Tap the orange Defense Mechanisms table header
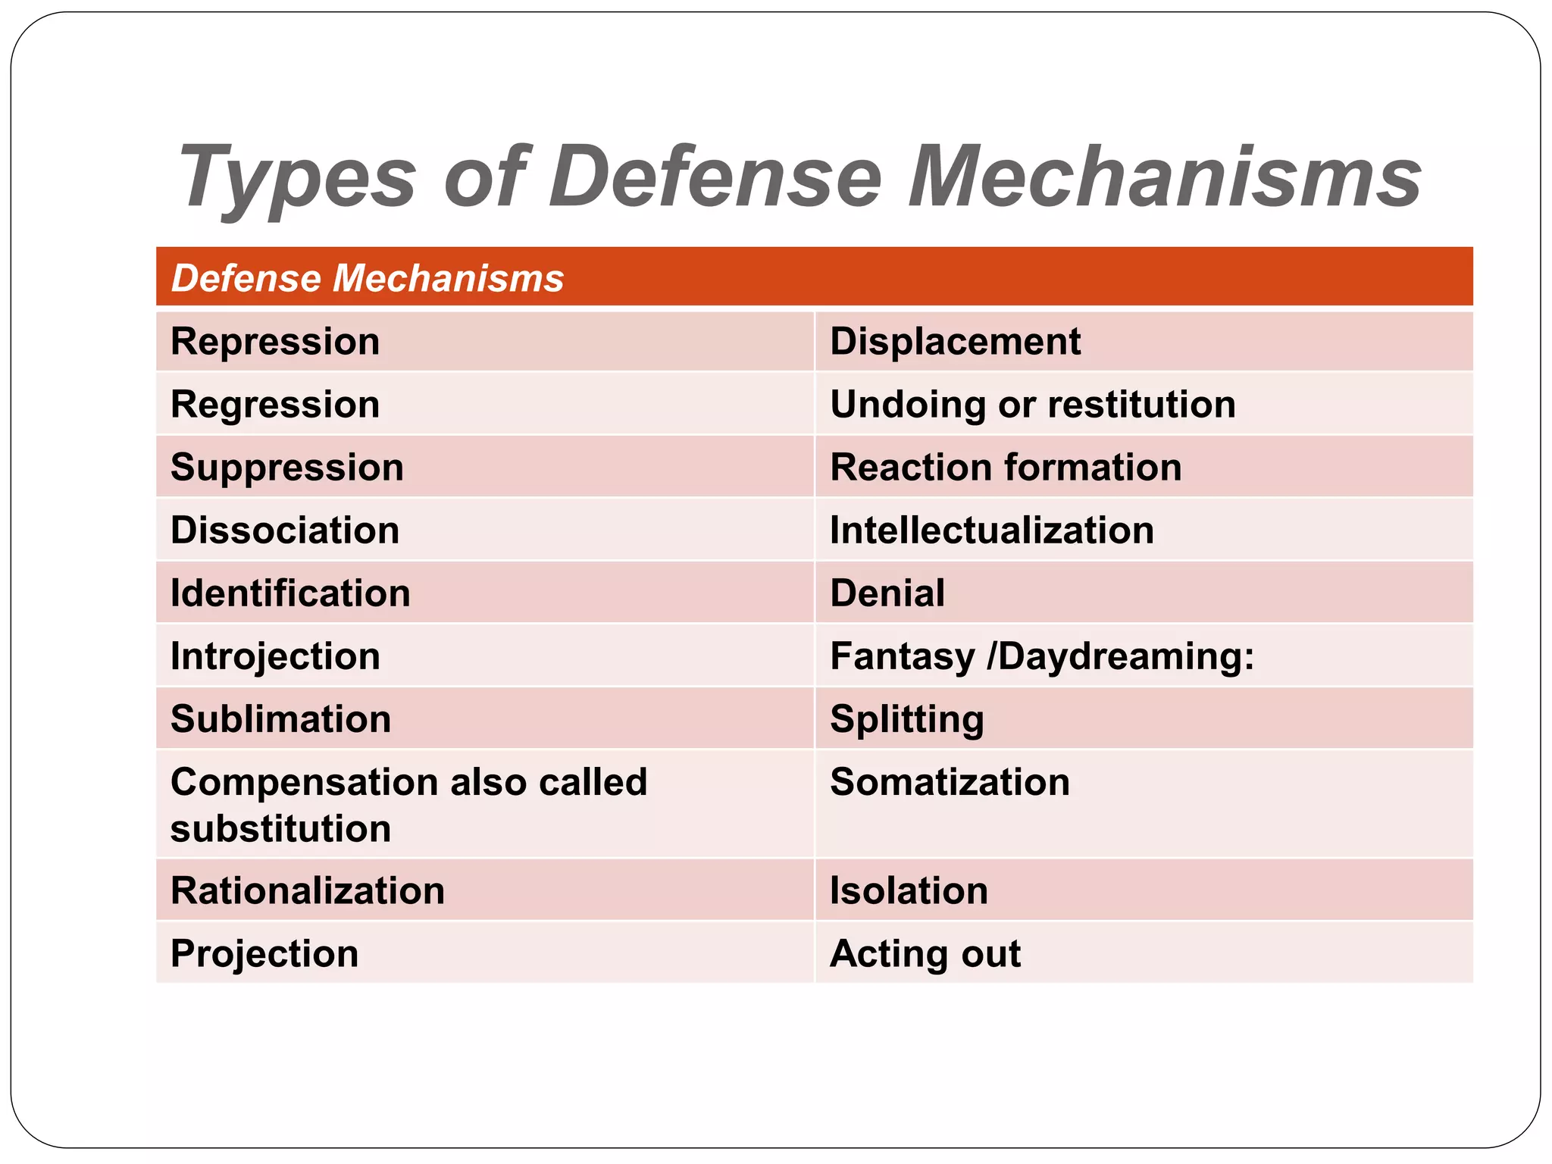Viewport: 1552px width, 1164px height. (368, 278)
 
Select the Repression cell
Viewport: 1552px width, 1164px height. (275, 342)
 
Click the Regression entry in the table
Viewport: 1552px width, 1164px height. (275, 405)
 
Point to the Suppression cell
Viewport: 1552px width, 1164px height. (287, 468)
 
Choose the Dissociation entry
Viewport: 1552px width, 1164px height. (285, 530)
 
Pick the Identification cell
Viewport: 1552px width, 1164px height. (290, 593)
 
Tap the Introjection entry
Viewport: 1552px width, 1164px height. (275, 656)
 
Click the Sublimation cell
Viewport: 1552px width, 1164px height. (280, 719)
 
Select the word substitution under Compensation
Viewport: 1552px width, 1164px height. (280, 829)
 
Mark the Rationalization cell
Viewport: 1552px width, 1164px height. (308, 891)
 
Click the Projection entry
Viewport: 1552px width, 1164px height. (264, 954)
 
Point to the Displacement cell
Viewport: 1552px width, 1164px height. (955, 342)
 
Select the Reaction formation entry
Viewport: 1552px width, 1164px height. (1006, 468)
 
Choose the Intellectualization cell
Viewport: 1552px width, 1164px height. (992, 530)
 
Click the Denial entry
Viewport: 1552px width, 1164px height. (887, 593)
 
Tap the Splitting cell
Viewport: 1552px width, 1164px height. (907, 719)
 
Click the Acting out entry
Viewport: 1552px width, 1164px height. (925, 954)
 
